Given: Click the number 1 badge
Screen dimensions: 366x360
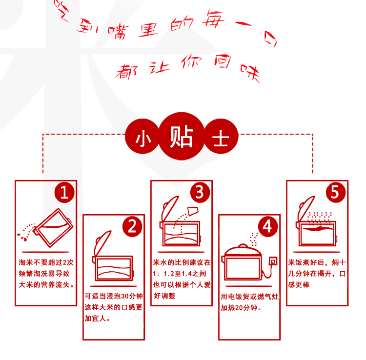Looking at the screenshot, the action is point(64,193).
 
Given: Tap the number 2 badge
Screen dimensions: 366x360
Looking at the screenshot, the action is point(132,227).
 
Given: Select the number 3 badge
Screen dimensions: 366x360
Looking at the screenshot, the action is point(200,193).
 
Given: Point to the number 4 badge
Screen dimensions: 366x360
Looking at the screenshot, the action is point(268,227).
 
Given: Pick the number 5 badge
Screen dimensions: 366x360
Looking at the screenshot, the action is point(336,193).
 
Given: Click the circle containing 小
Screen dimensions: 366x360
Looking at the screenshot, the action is point(142,137).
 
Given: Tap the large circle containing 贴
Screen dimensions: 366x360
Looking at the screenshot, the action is point(182,136).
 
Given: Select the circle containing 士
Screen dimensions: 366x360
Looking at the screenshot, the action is point(221,137).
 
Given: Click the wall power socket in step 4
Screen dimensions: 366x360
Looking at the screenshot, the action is point(273,261).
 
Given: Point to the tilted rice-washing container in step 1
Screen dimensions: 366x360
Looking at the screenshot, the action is point(53,228).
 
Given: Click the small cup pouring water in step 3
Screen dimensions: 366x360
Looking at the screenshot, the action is point(193,211).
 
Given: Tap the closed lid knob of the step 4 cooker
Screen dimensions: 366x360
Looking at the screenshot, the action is point(243,246).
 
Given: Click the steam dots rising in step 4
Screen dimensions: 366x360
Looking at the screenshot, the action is point(254,239).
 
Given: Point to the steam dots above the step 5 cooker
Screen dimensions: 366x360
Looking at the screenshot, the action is point(319,218).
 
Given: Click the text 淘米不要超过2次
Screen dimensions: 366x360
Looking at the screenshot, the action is point(46,262).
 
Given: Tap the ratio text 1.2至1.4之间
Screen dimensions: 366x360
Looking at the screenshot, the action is point(185,274).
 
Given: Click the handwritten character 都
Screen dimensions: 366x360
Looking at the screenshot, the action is point(127,72).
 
